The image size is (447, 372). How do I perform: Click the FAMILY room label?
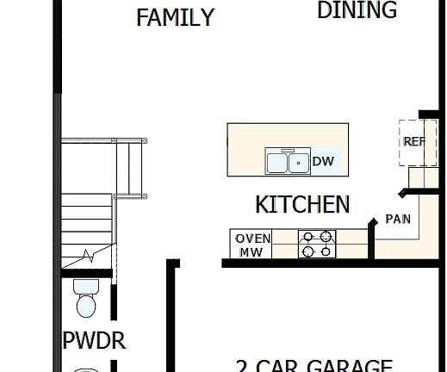click(175, 17)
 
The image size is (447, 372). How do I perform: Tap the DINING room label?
click(357, 10)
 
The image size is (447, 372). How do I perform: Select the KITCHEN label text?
click(302, 204)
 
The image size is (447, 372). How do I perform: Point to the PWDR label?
click(94, 341)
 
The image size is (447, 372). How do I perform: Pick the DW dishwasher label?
click(323, 161)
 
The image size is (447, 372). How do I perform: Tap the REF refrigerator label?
click(414, 141)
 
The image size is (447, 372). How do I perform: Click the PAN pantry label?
click(397, 219)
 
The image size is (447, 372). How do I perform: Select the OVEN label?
click(253, 239)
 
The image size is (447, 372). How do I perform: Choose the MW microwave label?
click(251, 252)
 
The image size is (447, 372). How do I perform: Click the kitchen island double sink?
click(288, 161)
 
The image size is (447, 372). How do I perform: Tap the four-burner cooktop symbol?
click(316, 244)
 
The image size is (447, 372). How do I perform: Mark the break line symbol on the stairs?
click(89, 256)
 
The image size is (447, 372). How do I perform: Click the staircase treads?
click(86, 220)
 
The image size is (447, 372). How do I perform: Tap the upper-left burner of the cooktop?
click(307, 236)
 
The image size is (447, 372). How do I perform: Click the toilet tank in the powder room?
click(86, 286)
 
